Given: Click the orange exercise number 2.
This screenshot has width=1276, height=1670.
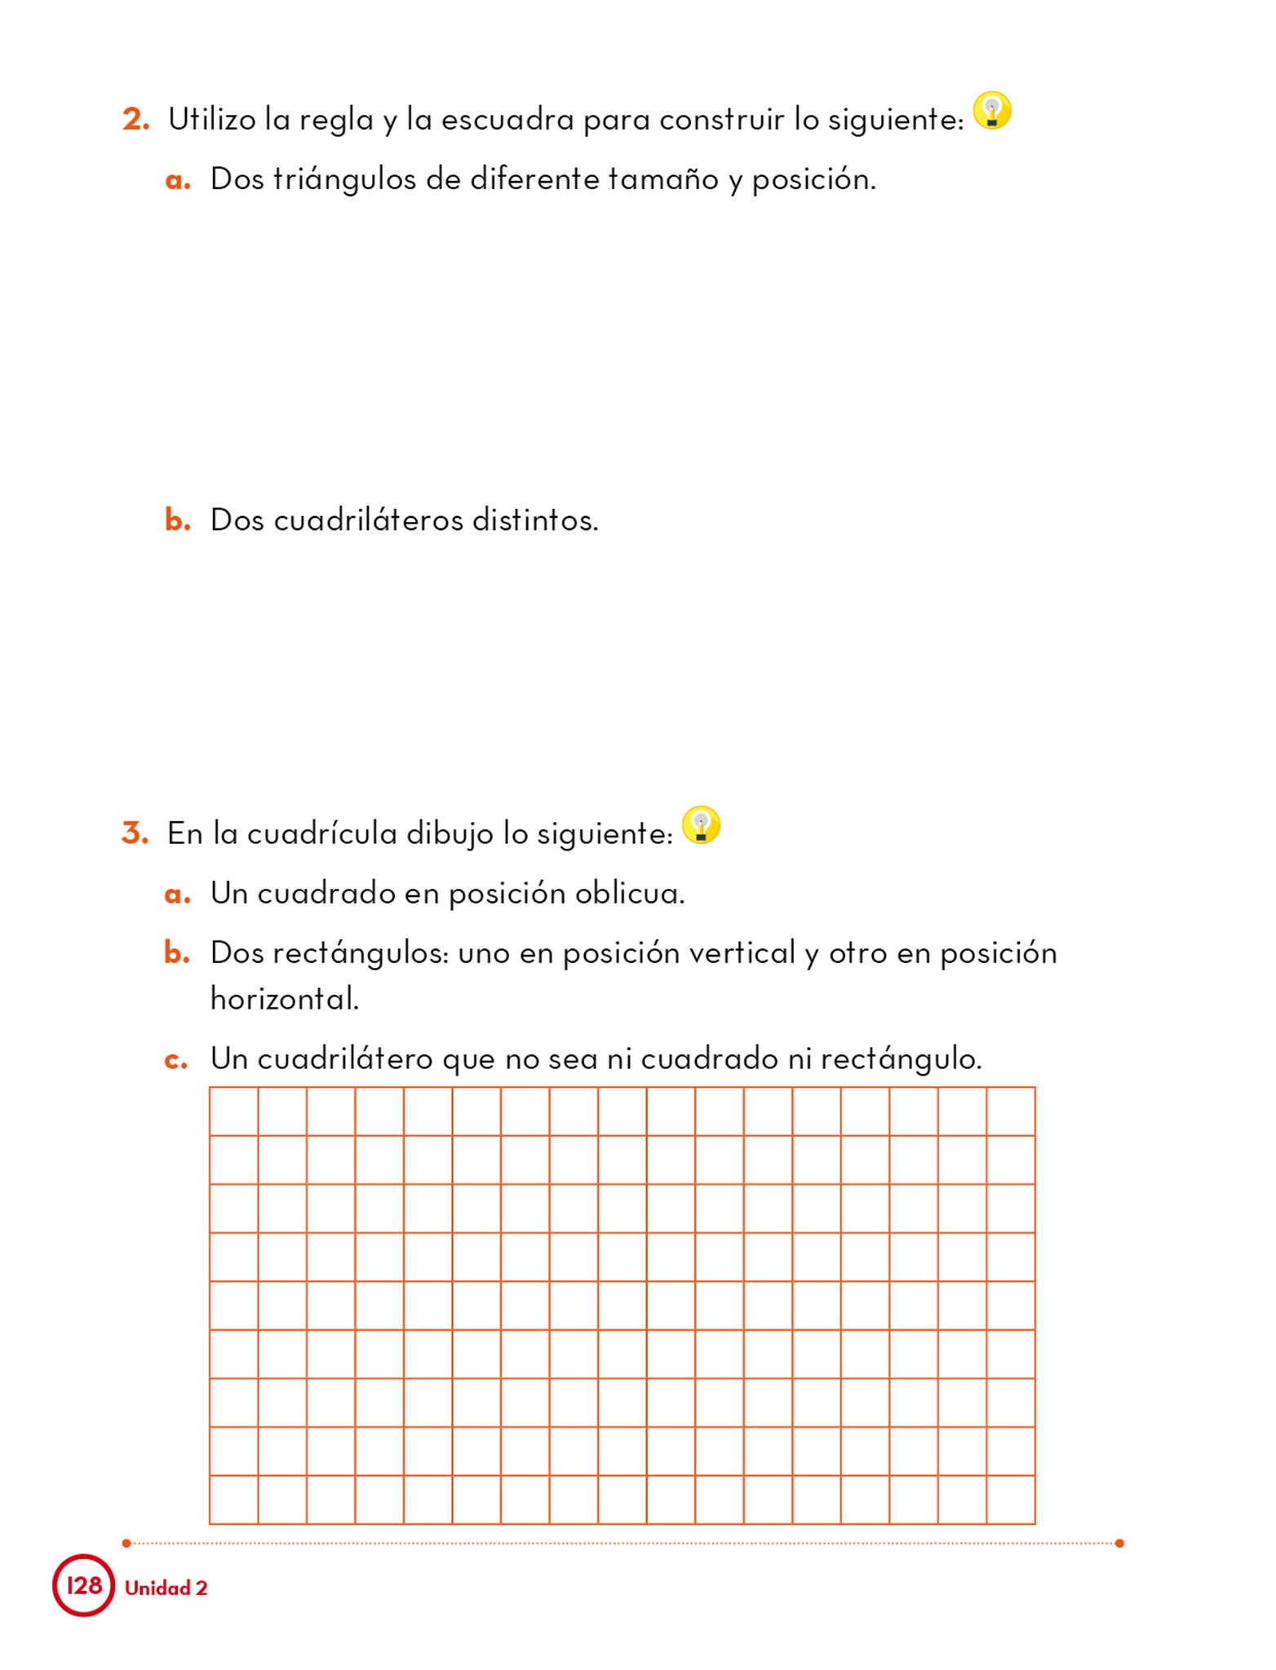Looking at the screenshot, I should (x=135, y=120).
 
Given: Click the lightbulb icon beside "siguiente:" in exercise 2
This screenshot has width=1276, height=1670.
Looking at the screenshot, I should (x=992, y=111).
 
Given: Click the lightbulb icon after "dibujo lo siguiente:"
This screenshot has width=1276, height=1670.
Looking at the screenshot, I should (x=701, y=824).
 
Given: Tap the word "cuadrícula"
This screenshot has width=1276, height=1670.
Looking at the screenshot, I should (x=321, y=833).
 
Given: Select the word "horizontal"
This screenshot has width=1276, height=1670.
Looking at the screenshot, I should (x=284, y=998).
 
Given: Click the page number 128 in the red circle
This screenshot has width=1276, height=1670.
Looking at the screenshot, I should (x=84, y=1585).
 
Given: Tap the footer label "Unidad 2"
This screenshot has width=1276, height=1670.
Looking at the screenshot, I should (x=166, y=1588).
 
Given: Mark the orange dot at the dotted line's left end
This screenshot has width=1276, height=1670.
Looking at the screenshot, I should (x=126, y=1543).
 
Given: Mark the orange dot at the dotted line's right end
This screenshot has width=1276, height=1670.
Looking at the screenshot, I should (x=1119, y=1543).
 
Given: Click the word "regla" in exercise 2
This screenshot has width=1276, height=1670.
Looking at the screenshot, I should (x=335, y=121).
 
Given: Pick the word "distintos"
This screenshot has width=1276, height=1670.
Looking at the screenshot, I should (x=535, y=520).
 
